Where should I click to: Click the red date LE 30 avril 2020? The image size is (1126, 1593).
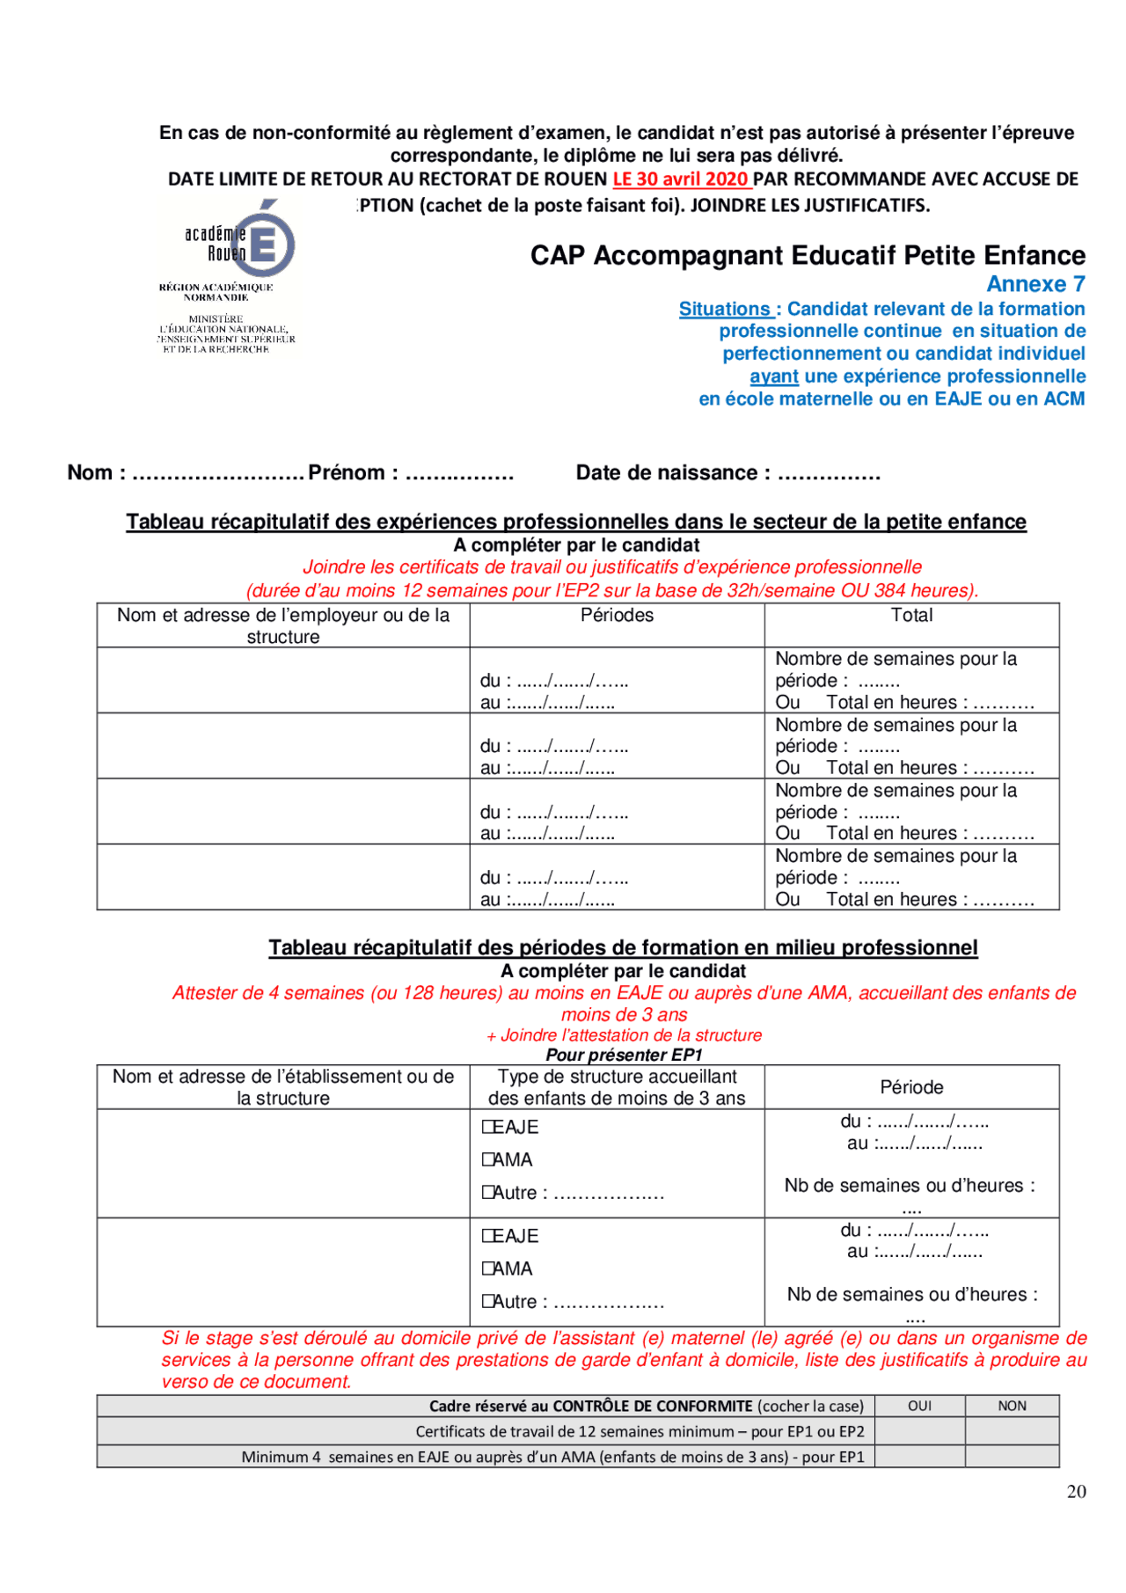681,179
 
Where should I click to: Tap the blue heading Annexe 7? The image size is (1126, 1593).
1035,284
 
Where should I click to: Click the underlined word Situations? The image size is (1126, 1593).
725,310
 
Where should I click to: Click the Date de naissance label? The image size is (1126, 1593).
672,473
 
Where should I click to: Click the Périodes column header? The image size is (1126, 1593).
617,616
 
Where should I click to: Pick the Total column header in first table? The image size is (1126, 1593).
911,616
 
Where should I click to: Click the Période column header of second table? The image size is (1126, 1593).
911,1087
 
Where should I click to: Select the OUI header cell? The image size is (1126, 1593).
919,1406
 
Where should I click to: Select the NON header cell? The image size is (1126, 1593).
1012,1406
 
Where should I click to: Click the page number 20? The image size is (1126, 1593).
1076,1491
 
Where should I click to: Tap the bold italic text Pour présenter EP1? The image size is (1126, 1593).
624,1055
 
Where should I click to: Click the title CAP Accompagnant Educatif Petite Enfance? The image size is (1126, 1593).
807,256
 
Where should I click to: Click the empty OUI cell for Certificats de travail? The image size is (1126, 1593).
919,1431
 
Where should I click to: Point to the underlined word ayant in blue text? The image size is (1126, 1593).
774,376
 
